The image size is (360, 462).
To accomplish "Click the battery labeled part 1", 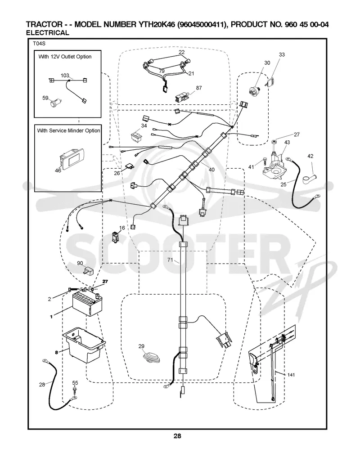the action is tap(88, 304).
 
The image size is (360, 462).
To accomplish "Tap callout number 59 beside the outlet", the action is tap(45, 98).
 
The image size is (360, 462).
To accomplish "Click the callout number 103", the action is tap(65, 76).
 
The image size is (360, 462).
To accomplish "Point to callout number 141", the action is tap(291, 375).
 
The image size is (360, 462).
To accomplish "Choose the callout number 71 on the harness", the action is tap(170, 260).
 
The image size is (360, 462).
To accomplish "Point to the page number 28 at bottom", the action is tap(177, 436).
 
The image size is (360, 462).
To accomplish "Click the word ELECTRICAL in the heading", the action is tap(47, 33).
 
